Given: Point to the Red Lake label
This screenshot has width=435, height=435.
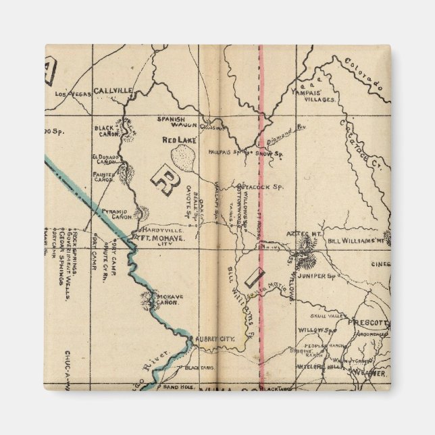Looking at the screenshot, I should click(178, 140).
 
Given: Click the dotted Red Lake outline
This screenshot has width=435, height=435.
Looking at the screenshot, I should click(184, 159).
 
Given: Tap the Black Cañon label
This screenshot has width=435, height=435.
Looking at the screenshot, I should click(107, 129).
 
